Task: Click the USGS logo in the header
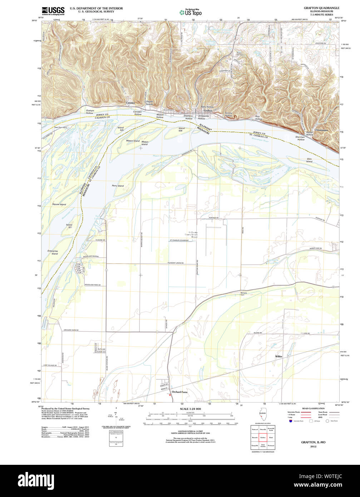pos(53,11)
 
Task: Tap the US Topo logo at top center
pos(190,13)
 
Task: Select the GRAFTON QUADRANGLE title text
pos(321,8)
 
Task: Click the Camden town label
pos(130,103)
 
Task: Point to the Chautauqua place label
pos(321,130)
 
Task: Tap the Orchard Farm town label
pos(179,392)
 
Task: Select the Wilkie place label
pos(278,356)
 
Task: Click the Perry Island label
pos(118,186)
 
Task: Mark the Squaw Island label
pos(59,204)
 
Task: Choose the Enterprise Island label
pos(53,252)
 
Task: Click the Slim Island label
pos(309,161)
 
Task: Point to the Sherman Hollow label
pos(300,138)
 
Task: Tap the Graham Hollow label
pos(90,112)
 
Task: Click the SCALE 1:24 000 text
pos(190,409)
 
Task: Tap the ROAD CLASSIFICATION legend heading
pos(313,408)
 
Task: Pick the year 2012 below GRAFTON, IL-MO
pos(313,447)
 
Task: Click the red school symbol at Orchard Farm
pos(169,395)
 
